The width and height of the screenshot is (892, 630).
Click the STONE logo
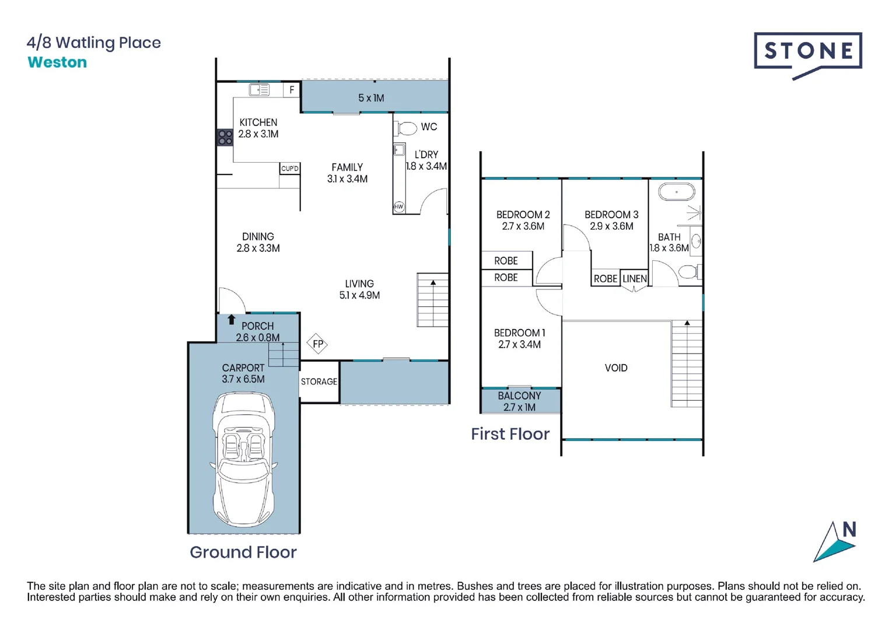click(808, 52)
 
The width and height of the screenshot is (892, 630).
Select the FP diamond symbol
click(318, 344)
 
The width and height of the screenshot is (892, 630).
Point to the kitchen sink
click(259, 90)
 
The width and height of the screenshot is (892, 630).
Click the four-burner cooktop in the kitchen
click(225, 138)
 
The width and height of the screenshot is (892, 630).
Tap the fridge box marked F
click(292, 90)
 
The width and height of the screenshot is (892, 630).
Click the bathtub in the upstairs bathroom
click(677, 191)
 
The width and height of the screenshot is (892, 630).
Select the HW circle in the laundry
click(399, 206)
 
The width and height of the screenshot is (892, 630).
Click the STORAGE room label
click(319, 381)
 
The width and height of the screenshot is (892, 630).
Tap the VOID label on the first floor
click(616, 368)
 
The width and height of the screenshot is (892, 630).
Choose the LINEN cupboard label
click(635, 279)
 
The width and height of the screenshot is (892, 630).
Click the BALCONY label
click(519, 396)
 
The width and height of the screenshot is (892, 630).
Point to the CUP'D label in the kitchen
click(290, 169)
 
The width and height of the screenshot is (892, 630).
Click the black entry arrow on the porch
click(232, 320)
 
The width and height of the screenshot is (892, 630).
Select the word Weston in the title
click(57, 62)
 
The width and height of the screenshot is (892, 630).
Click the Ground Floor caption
click(243, 552)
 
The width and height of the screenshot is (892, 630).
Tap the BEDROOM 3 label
click(611, 215)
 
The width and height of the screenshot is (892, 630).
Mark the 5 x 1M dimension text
click(371, 98)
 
